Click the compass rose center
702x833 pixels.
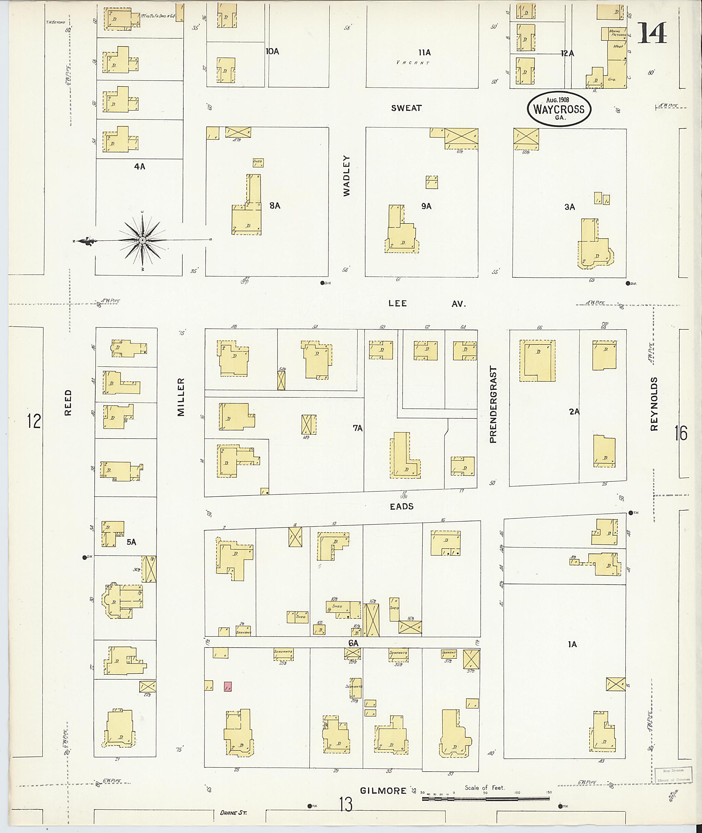(142, 240)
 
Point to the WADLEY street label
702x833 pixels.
(347, 176)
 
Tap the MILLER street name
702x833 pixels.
(181, 397)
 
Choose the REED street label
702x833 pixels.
(68, 403)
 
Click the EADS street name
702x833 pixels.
(402, 507)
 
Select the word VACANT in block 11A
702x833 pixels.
(413, 62)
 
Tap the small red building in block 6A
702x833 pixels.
(228, 687)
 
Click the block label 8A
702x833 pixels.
(275, 206)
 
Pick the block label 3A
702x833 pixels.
(569, 207)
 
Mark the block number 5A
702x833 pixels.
(131, 542)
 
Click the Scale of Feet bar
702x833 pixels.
(485, 799)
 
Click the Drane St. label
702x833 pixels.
(233, 813)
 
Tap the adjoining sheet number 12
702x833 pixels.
(34, 421)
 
